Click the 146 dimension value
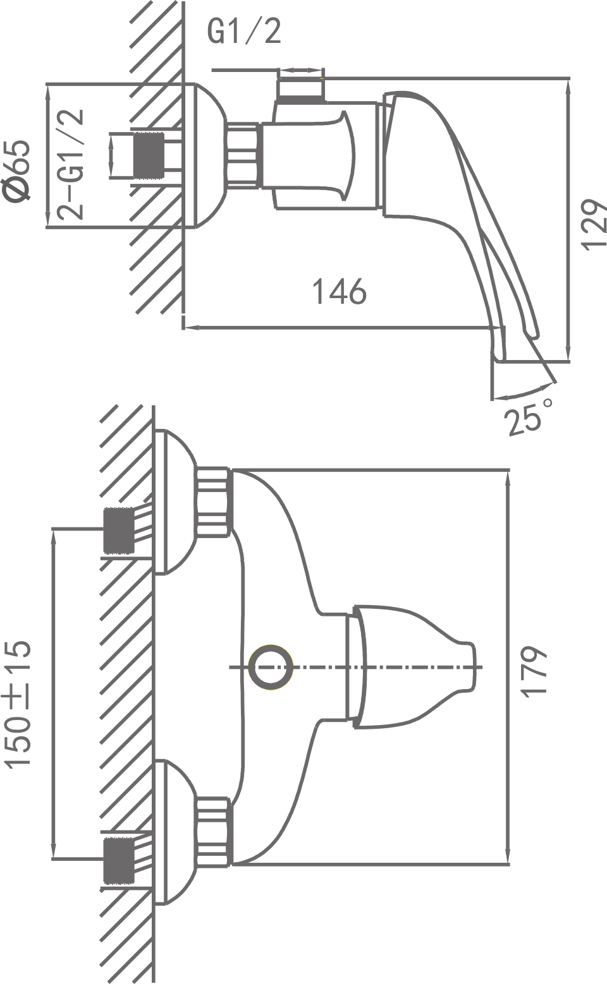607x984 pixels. pyautogui.click(x=340, y=292)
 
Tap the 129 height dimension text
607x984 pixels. pyautogui.click(x=593, y=225)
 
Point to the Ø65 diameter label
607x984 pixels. pyautogui.click(x=17, y=171)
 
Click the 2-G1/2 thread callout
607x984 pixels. pyautogui.click(x=70, y=164)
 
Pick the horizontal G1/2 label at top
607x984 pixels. pyautogui.click(x=244, y=31)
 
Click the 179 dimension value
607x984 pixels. pyautogui.click(x=532, y=671)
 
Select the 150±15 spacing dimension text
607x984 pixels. pyautogui.click(x=18, y=704)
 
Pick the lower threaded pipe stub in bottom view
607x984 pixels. pyautogui.click(x=118, y=860)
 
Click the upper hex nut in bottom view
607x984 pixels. pyautogui.click(x=212, y=502)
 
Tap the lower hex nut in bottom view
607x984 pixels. pyautogui.click(x=212, y=832)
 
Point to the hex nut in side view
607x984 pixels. pyautogui.click(x=243, y=155)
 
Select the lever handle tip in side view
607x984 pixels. pyautogui.click(x=531, y=328)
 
